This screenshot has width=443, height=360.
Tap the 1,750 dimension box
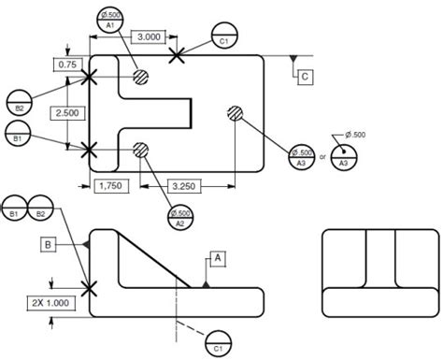coord(112,186)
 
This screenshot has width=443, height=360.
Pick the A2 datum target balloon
coord(179,217)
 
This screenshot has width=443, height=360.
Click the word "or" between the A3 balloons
coord(322,156)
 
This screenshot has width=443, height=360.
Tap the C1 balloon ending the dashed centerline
coord(218,341)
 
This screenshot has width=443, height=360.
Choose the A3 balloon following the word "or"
coord(344,157)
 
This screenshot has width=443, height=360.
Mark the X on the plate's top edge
coord(176,56)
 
